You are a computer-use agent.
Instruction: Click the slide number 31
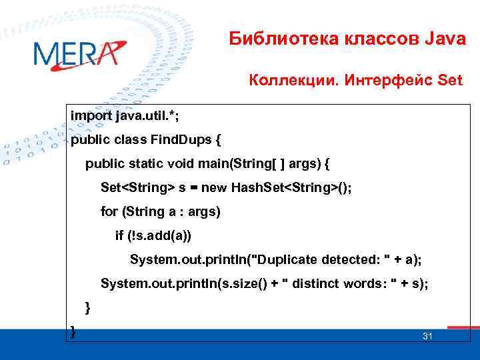click(427, 336)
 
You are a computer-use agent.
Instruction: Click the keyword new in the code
click(214, 187)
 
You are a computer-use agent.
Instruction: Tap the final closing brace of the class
click(73, 331)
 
